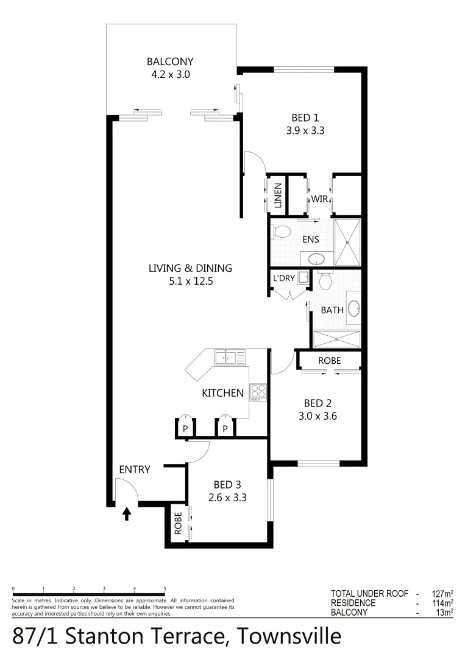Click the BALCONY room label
[170, 61]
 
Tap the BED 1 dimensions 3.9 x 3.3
[305, 130]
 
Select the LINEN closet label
[278, 196]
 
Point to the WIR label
[320, 198]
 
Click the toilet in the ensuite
[281, 232]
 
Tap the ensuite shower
[347, 242]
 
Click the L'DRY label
[283, 279]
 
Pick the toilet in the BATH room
[325, 280]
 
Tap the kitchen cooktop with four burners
[258, 392]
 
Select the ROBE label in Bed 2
[329, 361]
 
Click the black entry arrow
[127, 515]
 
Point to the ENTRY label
[135, 469]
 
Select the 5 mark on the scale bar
[165, 589]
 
